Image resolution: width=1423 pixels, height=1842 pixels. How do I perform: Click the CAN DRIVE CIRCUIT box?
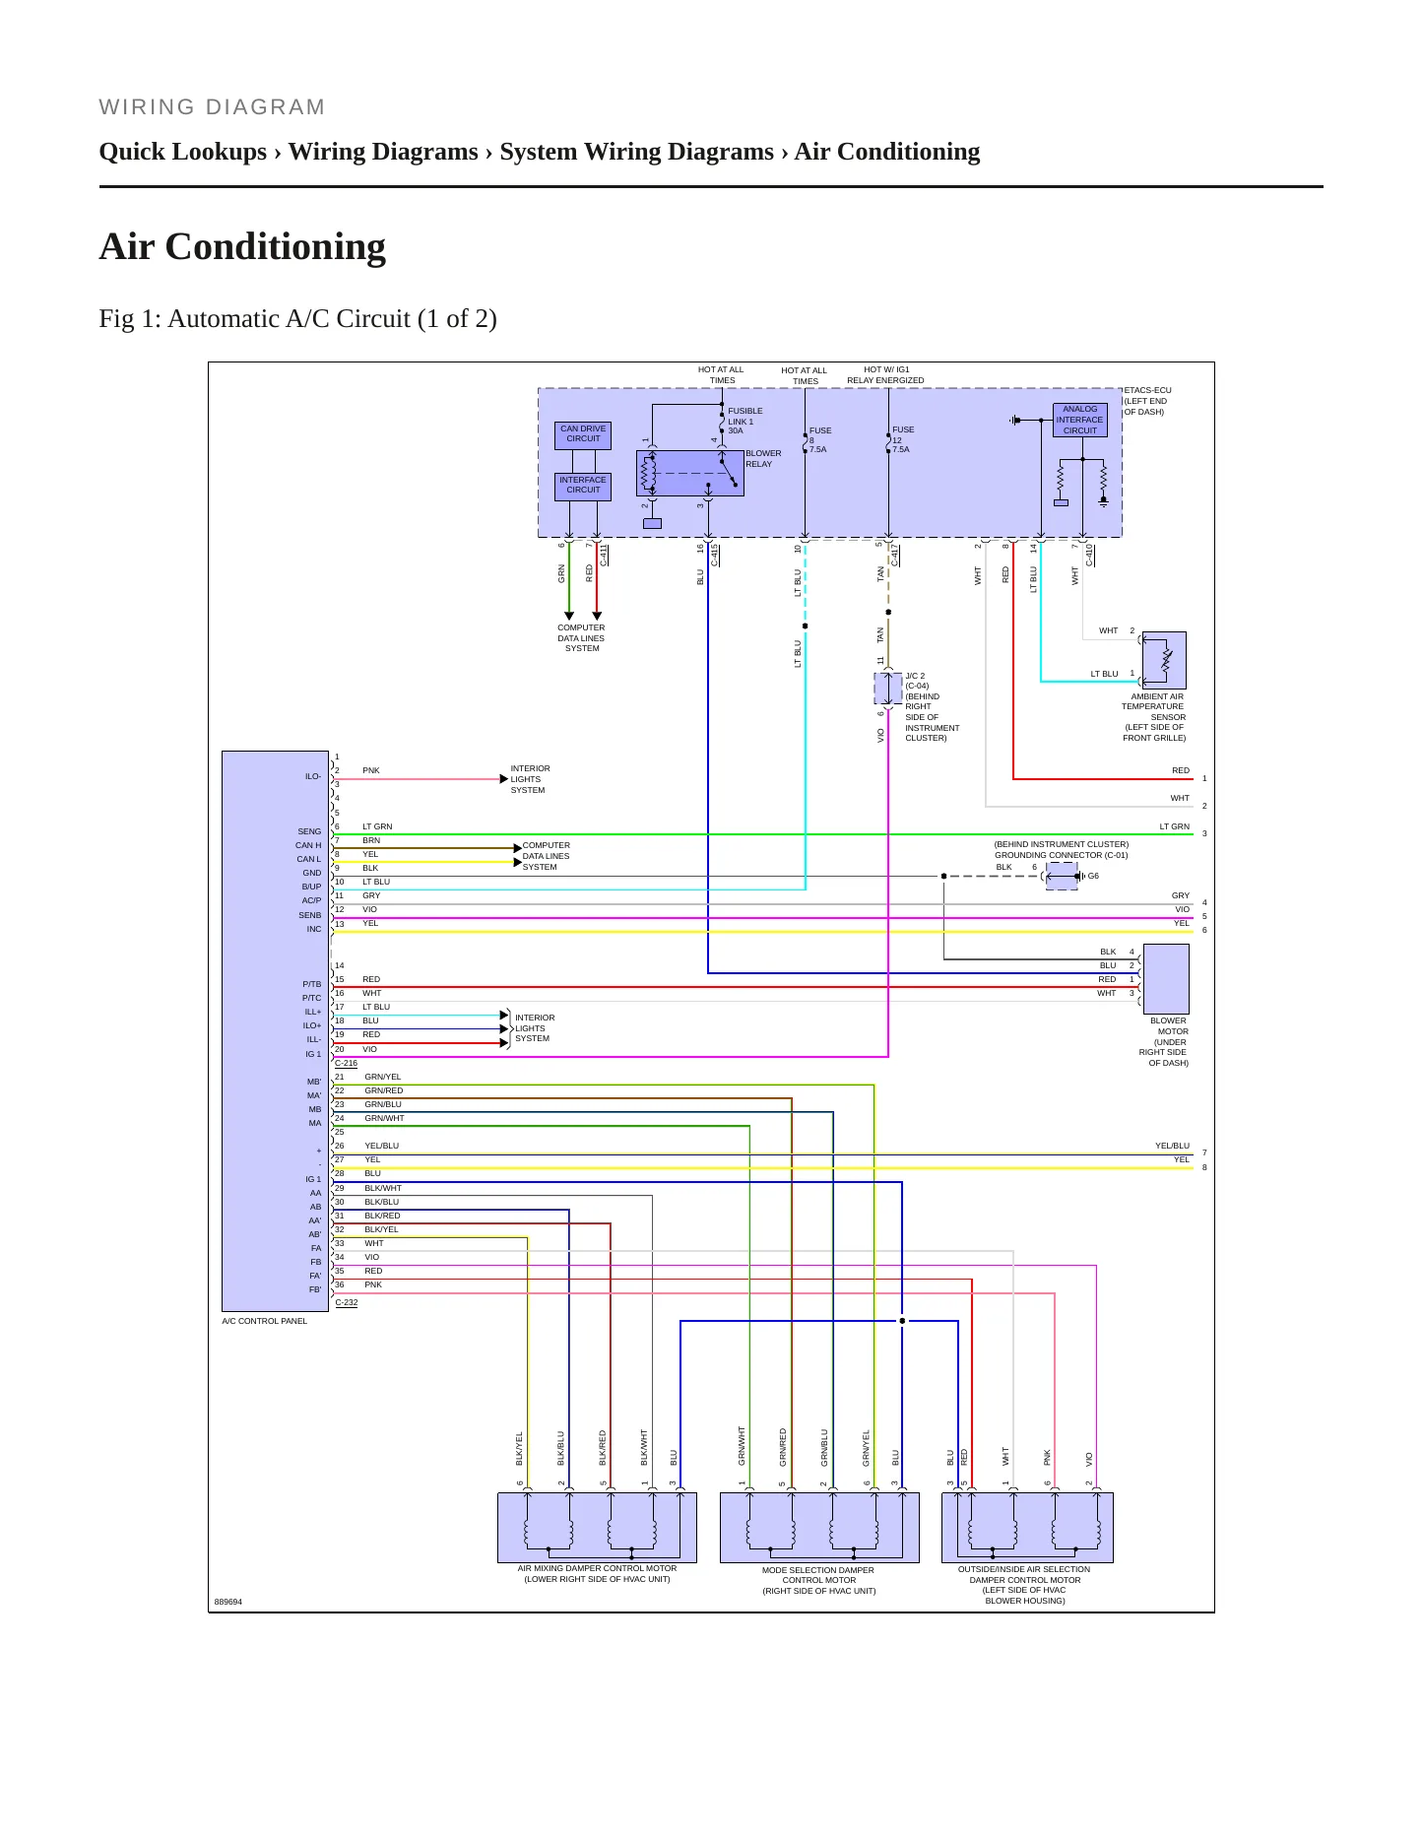[x=583, y=434]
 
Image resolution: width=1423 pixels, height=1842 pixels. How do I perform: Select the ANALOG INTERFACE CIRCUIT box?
[x=1079, y=420]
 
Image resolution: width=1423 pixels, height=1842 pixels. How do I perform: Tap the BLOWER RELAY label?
[x=763, y=459]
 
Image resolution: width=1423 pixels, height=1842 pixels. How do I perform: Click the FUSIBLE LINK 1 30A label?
[x=745, y=421]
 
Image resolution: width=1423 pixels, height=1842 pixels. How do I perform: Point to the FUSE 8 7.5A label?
[x=820, y=439]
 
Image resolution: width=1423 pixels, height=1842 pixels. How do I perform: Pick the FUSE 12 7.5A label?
[x=903, y=439]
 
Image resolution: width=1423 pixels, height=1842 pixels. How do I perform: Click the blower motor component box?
[x=1166, y=978]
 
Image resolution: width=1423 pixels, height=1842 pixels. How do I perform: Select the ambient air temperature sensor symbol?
[x=1164, y=660]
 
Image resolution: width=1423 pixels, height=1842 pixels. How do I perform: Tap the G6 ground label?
[x=1093, y=876]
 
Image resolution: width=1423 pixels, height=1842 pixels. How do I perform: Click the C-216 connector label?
[x=347, y=1064]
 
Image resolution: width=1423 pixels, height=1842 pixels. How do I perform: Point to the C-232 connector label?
[x=347, y=1302]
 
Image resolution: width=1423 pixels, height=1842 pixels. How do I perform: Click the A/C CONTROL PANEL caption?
[x=265, y=1321]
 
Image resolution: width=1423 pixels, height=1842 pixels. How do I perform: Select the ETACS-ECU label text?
[x=1148, y=390]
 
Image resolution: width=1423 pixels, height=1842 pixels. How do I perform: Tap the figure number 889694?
[x=228, y=1602]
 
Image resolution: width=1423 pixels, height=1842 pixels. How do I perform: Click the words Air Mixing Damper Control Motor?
[x=597, y=1568]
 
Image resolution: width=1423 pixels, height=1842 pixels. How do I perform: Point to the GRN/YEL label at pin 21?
[x=383, y=1077]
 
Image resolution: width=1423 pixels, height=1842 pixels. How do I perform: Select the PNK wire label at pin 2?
[x=371, y=770]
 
